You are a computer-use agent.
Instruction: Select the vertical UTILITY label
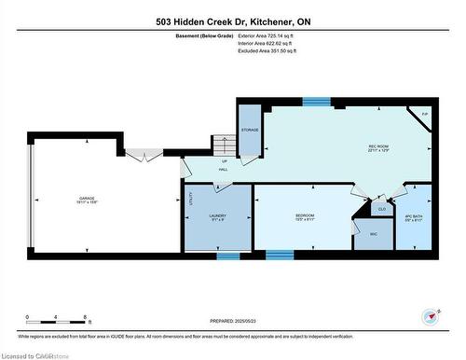click(x=190, y=199)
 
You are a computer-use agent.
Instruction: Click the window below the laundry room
click(x=228, y=254)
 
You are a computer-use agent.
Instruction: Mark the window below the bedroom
click(x=279, y=254)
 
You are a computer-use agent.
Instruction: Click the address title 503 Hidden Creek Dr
click(x=232, y=21)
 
